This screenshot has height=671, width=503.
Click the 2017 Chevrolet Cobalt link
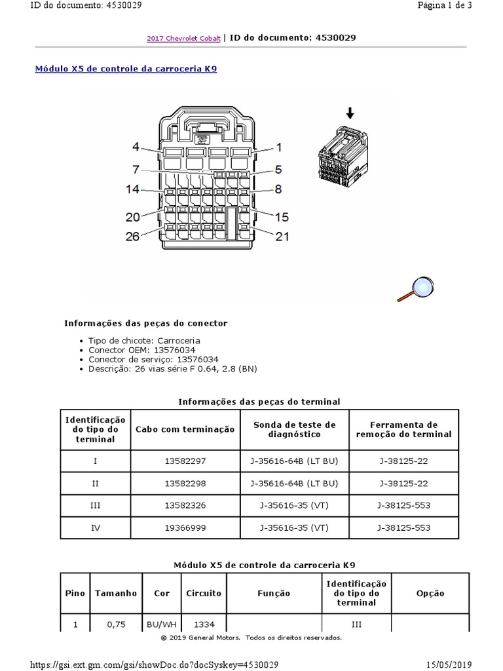(183, 39)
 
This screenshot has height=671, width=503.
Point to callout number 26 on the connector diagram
(132, 236)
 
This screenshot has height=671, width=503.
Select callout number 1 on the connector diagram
(278, 147)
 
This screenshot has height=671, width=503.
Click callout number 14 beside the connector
(132, 189)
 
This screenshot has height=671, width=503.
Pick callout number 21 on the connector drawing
(282, 236)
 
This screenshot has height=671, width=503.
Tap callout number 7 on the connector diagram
(136, 170)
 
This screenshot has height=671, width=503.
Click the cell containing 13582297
(185, 461)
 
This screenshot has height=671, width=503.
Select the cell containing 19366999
(185, 527)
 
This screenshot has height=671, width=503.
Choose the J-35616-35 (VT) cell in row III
(294, 505)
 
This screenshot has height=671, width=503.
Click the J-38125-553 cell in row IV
(403, 527)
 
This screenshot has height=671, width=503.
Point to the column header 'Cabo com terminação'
(185, 429)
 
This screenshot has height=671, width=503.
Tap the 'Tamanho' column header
(116, 593)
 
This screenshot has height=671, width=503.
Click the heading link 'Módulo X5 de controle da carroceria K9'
(125, 69)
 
